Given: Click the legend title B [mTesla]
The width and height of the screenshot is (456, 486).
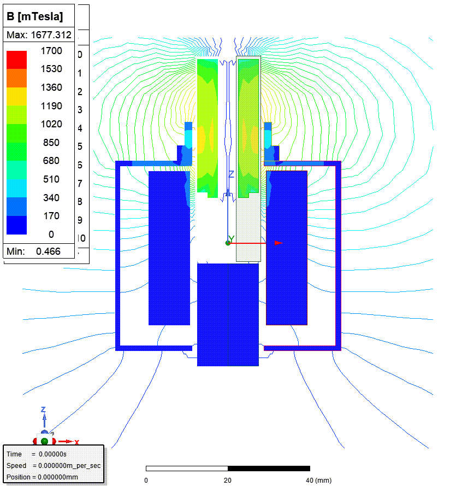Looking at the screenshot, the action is tap(34, 16).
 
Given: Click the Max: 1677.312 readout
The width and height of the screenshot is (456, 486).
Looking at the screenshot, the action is tap(39, 35).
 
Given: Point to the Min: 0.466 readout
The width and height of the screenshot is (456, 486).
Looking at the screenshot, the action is tap(33, 251).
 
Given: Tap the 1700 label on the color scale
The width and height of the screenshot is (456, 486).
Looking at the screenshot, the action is tap(51, 50).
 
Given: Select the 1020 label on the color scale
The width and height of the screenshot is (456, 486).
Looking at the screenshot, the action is tap(51, 124).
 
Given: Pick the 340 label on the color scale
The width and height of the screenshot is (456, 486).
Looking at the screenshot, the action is tap(51, 197).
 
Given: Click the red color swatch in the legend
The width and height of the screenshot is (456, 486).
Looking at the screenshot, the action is tap(17, 60).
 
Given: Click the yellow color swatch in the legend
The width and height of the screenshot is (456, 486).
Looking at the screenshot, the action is tap(17, 96).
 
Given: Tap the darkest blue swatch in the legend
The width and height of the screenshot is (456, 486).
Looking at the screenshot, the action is tap(17, 225).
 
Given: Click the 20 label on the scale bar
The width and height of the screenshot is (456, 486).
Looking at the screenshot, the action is tap(228, 480).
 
